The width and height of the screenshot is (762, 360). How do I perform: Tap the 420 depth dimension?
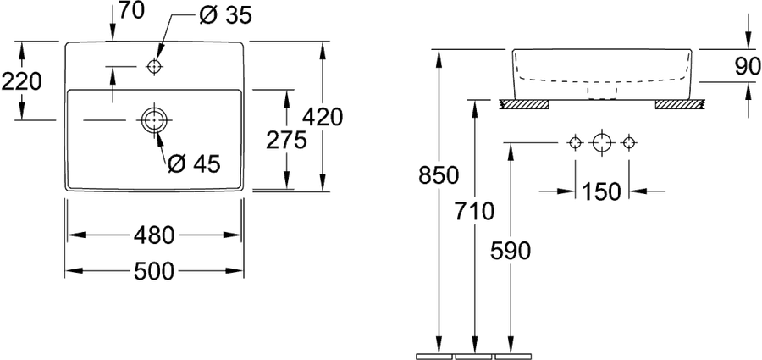coord(323,117)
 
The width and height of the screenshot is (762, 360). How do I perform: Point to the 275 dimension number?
coord(287,141)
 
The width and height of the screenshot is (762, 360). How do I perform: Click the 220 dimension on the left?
coord(21,81)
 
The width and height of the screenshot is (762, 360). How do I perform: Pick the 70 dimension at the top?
coord(132,11)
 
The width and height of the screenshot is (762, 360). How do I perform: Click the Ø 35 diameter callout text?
coord(225,15)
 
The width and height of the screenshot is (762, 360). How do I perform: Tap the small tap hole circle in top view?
coord(154,66)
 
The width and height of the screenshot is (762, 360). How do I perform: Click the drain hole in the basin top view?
coord(154,119)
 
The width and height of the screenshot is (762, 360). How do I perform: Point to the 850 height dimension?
coord(439,175)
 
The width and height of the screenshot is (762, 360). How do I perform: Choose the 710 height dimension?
coord(474,211)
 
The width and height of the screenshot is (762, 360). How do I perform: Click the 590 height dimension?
coord(511,251)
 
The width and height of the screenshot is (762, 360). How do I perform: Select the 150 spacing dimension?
coord(602,191)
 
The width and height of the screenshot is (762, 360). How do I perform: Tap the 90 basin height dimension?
coord(748,66)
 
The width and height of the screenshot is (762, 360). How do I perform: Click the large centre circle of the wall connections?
coord(602,143)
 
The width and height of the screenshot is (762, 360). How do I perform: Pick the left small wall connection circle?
coord(576,143)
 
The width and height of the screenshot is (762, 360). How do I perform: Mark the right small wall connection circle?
coord(629,143)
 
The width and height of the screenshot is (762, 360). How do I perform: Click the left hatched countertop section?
coord(525,104)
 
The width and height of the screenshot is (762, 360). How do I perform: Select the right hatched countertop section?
coord(679,104)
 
